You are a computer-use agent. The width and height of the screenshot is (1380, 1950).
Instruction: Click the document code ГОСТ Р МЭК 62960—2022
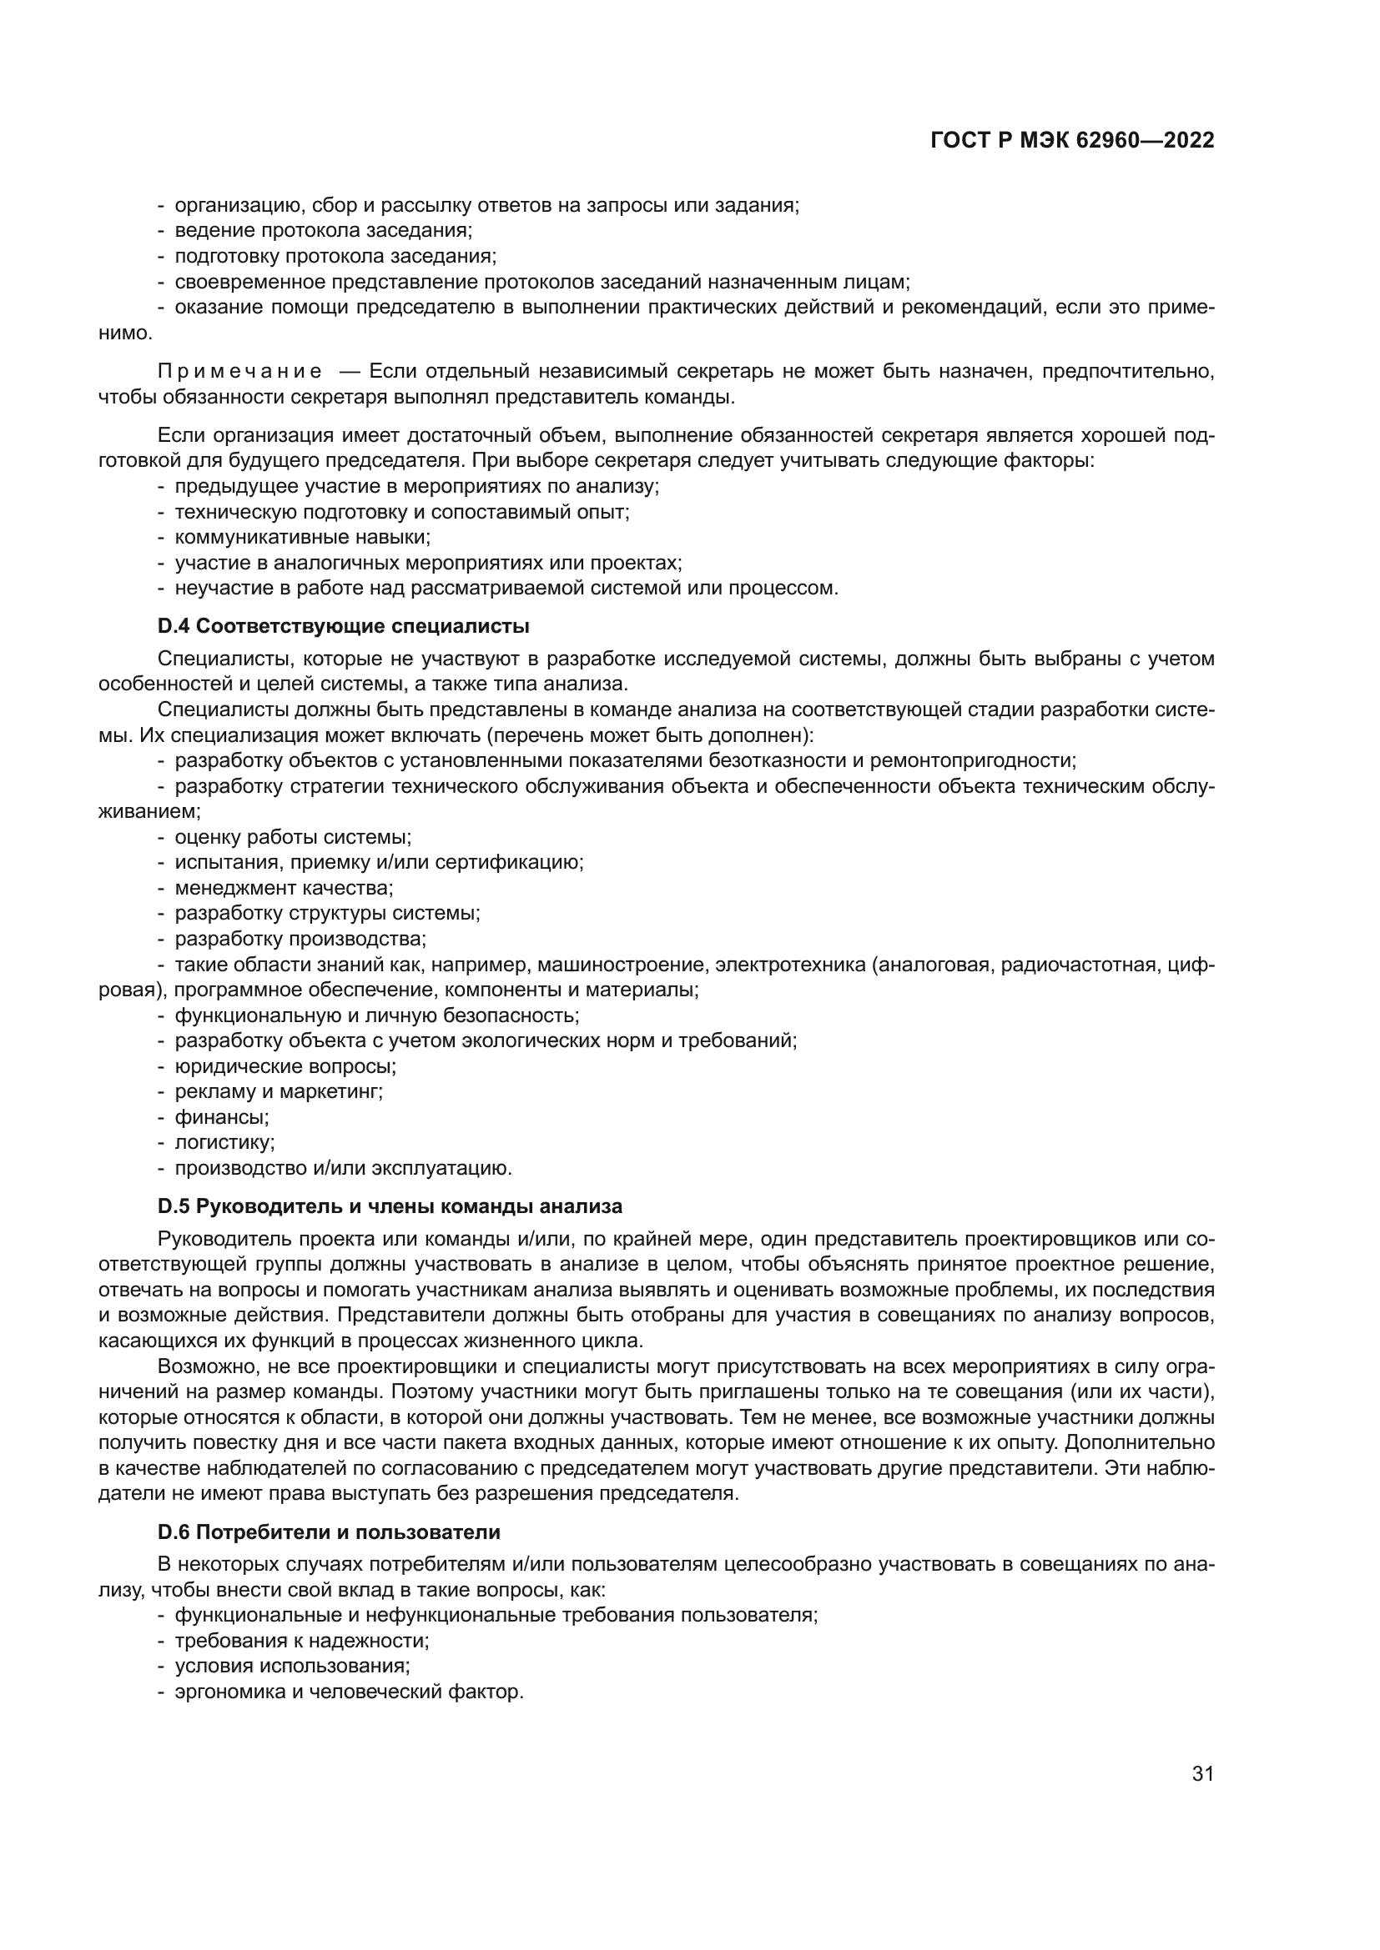click(x=1072, y=141)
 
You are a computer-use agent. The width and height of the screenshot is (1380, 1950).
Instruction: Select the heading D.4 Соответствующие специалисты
click(x=343, y=627)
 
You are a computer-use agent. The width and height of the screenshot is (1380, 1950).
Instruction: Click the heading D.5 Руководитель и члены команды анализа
click(x=389, y=1207)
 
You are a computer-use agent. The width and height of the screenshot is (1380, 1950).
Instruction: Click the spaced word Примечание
click(x=239, y=372)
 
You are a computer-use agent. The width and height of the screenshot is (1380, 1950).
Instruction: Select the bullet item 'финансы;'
click(x=221, y=1118)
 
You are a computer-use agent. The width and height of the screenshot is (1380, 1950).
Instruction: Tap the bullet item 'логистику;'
click(x=224, y=1143)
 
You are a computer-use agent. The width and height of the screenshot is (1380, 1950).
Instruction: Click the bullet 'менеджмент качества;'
click(x=284, y=889)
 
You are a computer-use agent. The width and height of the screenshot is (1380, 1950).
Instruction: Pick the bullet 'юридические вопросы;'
click(x=285, y=1066)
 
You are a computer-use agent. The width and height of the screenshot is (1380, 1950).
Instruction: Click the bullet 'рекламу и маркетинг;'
click(x=279, y=1092)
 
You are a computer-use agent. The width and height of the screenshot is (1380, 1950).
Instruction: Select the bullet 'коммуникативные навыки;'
click(x=303, y=538)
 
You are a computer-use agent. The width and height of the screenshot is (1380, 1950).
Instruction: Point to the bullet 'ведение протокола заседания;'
click(x=323, y=231)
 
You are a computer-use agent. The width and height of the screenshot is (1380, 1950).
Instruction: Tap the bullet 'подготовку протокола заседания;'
click(x=335, y=257)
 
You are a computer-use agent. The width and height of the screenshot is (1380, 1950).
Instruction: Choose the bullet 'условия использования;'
click(x=292, y=1667)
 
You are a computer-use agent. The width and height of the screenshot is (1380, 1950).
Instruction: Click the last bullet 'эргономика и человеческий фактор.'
click(x=349, y=1692)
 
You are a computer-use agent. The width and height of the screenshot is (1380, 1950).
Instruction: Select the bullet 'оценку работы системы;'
click(x=292, y=837)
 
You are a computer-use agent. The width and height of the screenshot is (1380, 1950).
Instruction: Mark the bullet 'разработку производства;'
click(x=300, y=940)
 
